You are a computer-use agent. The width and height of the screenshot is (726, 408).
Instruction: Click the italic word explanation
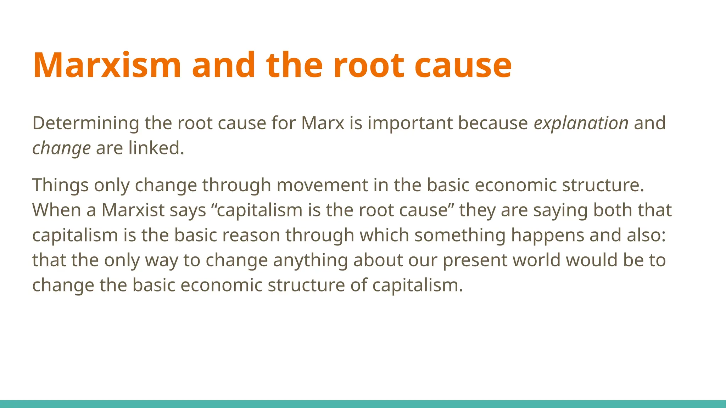click(x=581, y=123)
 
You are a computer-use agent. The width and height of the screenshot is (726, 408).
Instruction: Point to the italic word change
click(x=61, y=148)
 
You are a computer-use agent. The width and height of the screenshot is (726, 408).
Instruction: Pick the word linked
click(x=156, y=148)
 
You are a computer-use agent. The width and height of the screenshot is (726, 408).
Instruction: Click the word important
click(x=410, y=123)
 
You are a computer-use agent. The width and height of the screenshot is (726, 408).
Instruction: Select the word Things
click(x=60, y=185)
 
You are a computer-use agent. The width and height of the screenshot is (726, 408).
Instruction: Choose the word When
click(x=57, y=210)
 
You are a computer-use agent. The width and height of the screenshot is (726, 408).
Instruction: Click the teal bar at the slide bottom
click(x=363, y=404)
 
